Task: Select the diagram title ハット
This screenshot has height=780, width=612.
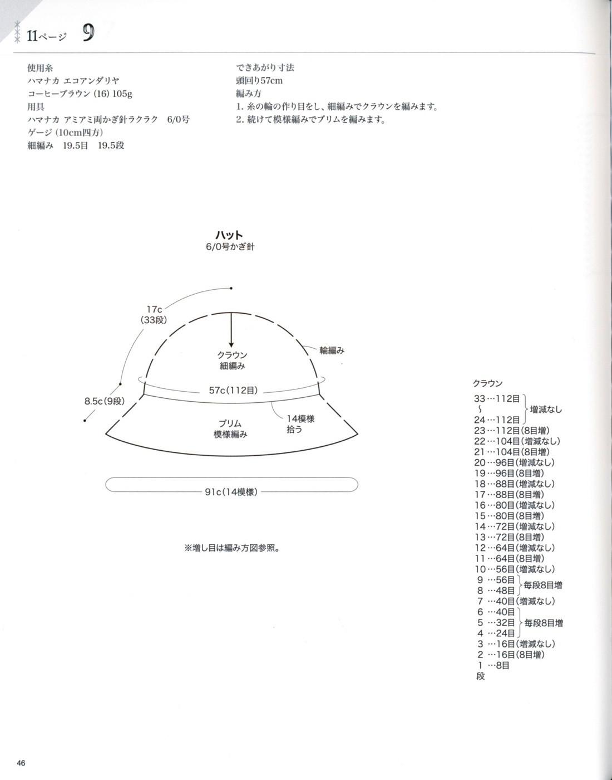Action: [229, 235]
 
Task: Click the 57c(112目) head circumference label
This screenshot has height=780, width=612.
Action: [236, 391]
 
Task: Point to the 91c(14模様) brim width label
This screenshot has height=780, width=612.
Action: [231, 492]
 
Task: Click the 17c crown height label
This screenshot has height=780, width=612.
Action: [154, 309]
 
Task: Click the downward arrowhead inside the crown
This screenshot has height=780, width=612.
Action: [231, 343]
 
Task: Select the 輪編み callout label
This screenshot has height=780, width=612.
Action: [332, 350]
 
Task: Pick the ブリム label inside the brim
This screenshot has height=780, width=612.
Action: [230, 423]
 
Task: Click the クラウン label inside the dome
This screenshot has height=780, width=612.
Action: [233, 355]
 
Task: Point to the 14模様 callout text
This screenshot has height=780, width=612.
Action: [300, 418]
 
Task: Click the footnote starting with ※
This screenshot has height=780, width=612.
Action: [231, 548]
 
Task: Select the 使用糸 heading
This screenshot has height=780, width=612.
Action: [40, 67]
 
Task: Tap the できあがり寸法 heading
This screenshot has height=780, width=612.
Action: [265, 67]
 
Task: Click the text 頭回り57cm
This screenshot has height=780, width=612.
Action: [259, 80]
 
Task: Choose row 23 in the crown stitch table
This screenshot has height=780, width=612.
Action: [511, 430]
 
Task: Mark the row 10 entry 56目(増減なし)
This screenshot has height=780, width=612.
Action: [514, 569]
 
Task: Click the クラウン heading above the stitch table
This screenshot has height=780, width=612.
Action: [487, 383]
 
